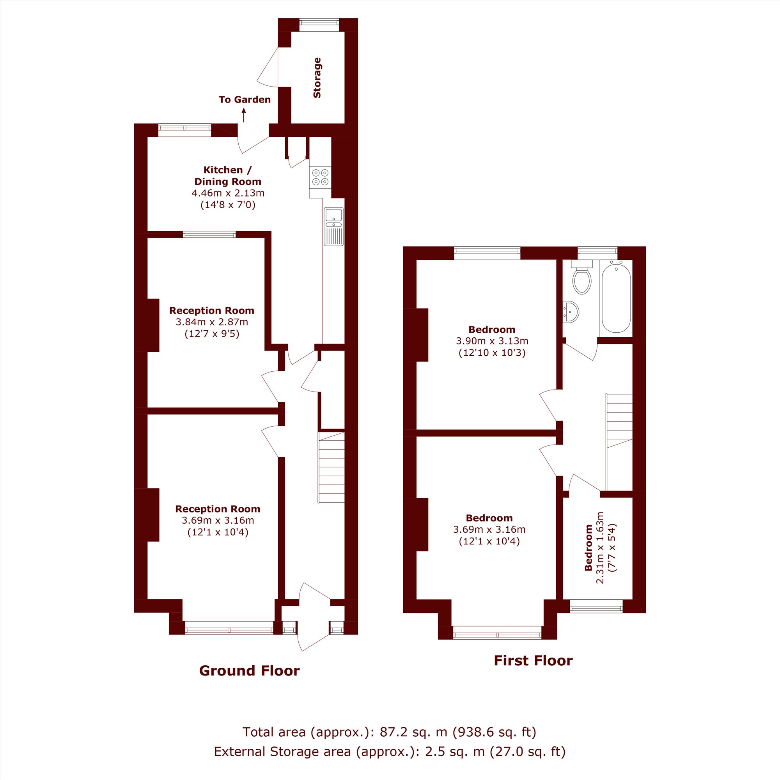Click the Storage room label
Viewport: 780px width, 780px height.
click(317, 78)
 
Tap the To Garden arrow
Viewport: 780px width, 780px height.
click(244, 115)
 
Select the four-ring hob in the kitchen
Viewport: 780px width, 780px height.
click(320, 177)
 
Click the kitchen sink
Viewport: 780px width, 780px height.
click(333, 227)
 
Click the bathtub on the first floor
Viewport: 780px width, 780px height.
click(616, 296)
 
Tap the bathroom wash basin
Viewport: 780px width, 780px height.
click(571, 312)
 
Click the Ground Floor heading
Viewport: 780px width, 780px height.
click(250, 670)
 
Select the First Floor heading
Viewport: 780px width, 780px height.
click(533, 661)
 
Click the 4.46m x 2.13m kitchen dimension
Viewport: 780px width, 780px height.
click(228, 193)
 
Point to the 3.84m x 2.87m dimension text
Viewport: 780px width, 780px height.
click(212, 322)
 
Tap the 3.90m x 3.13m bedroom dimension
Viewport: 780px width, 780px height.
click(492, 341)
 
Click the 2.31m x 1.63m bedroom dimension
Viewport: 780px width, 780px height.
click(600, 548)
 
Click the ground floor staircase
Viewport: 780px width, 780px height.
click(331, 468)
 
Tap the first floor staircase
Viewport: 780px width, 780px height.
click(619, 443)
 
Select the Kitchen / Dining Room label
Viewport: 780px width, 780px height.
click(228, 175)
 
